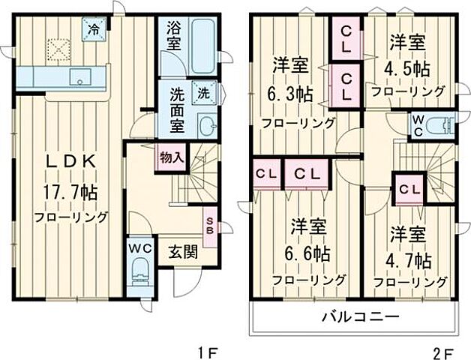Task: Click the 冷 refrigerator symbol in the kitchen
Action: click(x=94, y=31)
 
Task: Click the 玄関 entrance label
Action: click(x=182, y=252)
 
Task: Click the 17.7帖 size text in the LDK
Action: click(x=71, y=192)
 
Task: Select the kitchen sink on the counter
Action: click(x=77, y=76)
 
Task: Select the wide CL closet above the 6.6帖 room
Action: click(x=308, y=174)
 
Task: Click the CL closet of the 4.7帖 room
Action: click(x=409, y=189)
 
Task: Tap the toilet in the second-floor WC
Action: click(x=442, y=123)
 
